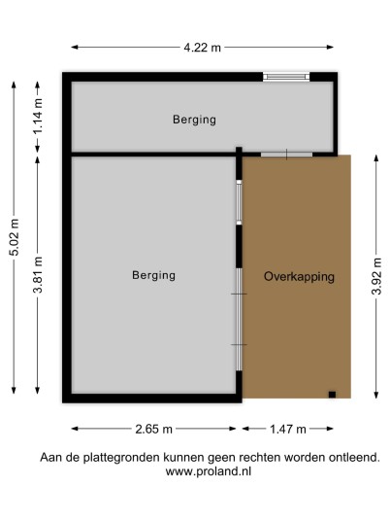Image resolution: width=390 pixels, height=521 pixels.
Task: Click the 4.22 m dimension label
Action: (x=203, y=48)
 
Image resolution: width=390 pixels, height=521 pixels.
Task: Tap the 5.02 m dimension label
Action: (x=15, y=237)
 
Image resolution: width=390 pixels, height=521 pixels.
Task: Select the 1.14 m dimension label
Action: (x=38, y=116)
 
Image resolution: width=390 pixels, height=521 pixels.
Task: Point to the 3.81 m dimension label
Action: (x=38, y=275)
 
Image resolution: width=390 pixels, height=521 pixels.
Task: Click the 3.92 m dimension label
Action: (x=376, y=276)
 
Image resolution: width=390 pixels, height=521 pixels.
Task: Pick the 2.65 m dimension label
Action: (x=154, y=429)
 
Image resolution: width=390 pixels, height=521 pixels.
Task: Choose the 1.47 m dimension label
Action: (x=288, y=429)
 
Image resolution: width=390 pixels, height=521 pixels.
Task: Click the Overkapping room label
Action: (x=299, y=277)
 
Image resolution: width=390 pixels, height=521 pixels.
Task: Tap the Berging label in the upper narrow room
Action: (x=194, y=120)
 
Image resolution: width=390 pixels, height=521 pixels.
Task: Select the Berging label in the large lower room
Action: (x=153, y=275)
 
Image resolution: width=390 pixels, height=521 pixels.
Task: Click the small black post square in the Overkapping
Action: (x=332, y=395)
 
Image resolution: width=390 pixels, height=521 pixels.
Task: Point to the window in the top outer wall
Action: (x=286, y=77)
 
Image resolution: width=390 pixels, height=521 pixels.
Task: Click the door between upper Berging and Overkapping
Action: (x=286, y=155)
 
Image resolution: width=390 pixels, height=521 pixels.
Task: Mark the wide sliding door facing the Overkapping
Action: (x=239, y=320)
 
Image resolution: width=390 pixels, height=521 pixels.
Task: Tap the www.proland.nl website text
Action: (x=209, y=471)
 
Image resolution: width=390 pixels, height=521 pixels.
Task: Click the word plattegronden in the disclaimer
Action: (x=121, y=458)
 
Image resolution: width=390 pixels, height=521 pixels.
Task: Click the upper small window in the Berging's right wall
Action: (x=239, y=203)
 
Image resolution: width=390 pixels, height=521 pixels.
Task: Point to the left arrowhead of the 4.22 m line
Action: (x=75, y=48)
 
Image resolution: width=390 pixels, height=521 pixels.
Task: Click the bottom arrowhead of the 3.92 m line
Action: (x=376, y=395)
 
